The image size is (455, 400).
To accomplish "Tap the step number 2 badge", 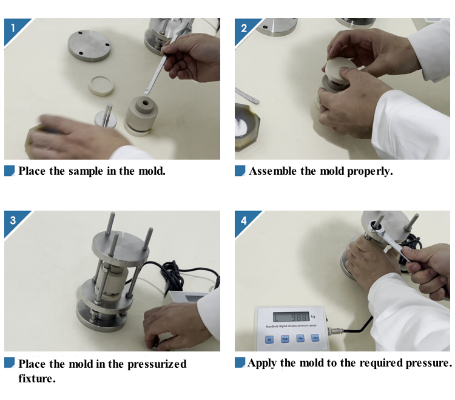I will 244,27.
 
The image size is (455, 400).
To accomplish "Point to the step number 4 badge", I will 244,220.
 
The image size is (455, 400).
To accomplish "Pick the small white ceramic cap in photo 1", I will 101,86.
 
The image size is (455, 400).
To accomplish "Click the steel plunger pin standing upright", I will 107,115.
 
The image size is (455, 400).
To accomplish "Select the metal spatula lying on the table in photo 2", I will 248,95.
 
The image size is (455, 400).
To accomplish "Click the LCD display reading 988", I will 292,317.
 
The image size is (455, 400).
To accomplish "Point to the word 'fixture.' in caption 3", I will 37,379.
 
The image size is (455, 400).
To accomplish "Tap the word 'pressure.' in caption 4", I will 428,363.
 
